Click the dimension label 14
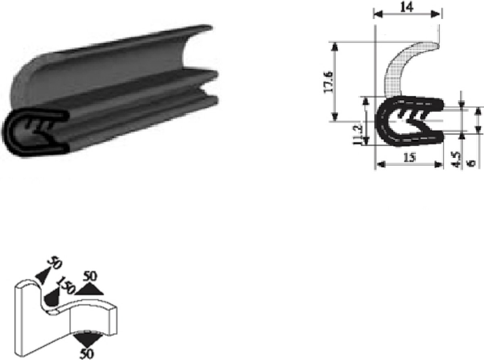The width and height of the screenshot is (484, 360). tap(407, 8)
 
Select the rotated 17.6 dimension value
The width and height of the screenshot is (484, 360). tap(329, 82)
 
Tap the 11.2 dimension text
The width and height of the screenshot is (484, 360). tap(358, 135)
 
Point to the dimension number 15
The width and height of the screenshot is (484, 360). tap(410, 158)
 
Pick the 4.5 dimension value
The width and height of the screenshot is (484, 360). tap(456, 159)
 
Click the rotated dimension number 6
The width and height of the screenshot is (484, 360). tap(471, 163)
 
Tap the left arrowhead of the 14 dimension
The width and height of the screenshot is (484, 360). tap(378, 15)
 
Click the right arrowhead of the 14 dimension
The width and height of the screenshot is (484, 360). tap(435, 15)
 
